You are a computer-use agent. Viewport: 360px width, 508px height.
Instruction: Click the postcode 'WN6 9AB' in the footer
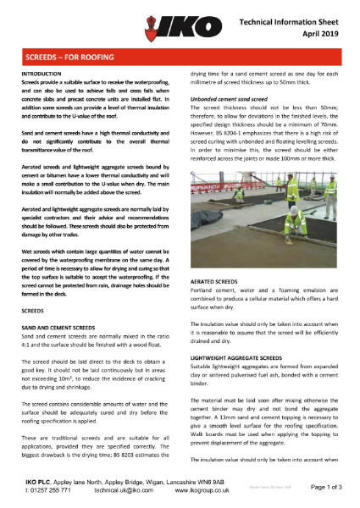coord(214,481)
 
